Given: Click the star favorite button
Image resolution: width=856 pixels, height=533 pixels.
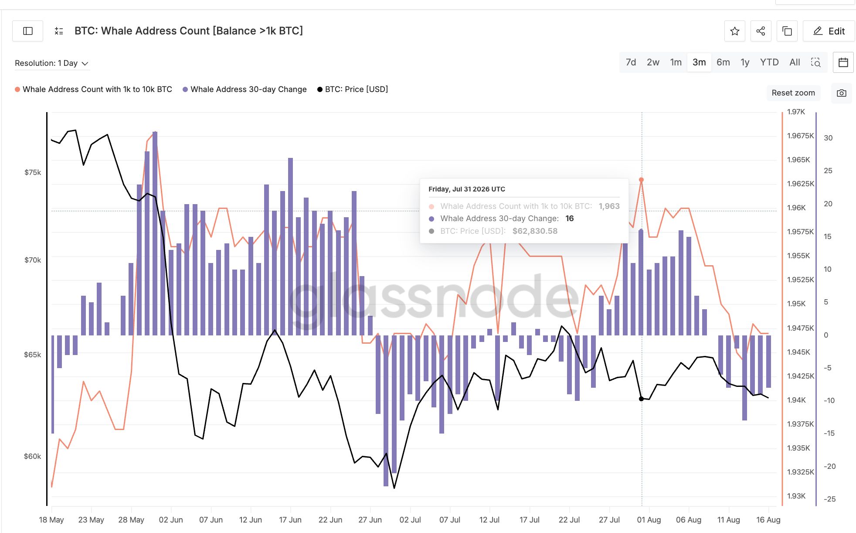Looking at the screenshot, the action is pos(735,31).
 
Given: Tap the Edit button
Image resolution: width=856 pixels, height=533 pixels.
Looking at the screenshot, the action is pos(829,31).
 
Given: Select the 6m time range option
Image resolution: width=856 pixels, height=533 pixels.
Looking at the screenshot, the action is pos(723,62).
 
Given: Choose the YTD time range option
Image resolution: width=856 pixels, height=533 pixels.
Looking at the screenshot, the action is pos(769,62).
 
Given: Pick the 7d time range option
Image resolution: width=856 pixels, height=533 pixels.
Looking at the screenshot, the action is pos(631,62).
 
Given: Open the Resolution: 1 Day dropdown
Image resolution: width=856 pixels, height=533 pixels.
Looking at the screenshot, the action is pos(51,63).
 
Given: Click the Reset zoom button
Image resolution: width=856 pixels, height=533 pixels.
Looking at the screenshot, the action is pos(793,93).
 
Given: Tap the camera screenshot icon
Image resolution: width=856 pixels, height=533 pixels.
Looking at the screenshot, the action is pos(842,93).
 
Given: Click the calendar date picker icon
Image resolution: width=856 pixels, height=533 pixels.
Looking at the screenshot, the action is pos(843,62).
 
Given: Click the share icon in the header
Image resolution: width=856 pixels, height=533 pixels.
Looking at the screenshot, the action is pos(761,31).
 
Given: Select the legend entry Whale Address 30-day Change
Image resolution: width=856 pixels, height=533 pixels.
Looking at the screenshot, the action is pos(245,89).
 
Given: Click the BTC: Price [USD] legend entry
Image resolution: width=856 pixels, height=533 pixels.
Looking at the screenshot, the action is pos(353,89).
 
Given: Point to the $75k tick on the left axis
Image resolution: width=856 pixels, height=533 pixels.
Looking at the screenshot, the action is pos(33,172).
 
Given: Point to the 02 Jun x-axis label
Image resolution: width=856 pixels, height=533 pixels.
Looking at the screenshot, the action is pos(171,520).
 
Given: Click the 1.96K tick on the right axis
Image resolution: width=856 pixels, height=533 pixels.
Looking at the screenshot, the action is pos(797,208).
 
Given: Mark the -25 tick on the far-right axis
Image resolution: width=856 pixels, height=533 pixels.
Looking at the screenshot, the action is pos(829,499).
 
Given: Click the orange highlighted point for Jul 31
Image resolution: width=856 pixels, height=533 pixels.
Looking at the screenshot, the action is pos(641,180).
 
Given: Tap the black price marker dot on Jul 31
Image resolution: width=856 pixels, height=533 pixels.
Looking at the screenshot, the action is pos(641,399).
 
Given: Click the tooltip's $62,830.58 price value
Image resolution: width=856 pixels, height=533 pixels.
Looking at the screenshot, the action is pos(535,231).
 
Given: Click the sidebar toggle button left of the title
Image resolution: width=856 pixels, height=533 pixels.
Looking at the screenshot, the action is pos(28,31).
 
